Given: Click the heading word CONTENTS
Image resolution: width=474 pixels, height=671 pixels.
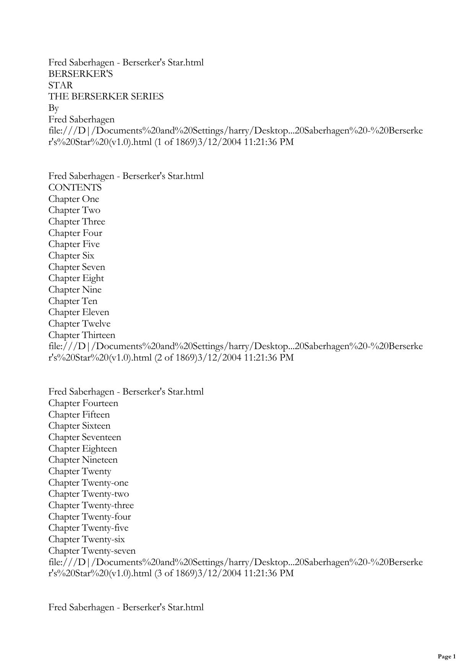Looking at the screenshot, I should tap(75, 188).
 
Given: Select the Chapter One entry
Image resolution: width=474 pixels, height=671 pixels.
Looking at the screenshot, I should tap(74, 199).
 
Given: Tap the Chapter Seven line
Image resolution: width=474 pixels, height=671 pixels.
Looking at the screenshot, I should tap(76, 267).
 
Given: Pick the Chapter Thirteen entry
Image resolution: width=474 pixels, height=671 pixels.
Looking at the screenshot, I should tap(81, 335).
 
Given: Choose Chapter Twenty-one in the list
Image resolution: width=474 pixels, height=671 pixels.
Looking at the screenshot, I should tap(88, 483).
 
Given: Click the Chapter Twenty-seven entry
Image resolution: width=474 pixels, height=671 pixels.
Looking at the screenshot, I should tap(92, 551).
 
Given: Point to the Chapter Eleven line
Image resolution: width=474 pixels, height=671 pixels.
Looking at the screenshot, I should tap(79, 312).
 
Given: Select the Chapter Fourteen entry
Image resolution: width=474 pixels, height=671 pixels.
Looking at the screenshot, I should tap(83, 403).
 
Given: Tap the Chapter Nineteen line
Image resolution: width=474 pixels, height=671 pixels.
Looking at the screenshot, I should tap(83, 460).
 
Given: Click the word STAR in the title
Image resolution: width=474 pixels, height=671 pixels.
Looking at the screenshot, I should tap(60, 85).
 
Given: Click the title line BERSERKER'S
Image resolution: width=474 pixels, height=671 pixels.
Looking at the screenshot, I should tap(80, 74).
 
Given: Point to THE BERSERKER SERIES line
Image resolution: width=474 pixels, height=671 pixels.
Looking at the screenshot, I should tap(106, 97).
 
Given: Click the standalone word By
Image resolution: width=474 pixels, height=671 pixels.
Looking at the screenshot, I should tap(54, 108).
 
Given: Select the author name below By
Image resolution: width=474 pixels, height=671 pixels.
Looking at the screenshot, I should tap(81, 120).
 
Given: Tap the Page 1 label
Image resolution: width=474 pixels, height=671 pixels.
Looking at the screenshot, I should tap(446, 657).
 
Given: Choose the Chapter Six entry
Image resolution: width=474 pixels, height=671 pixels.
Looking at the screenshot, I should tap(71, 256).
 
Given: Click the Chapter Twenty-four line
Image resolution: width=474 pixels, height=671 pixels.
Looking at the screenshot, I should tap(89, 517).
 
